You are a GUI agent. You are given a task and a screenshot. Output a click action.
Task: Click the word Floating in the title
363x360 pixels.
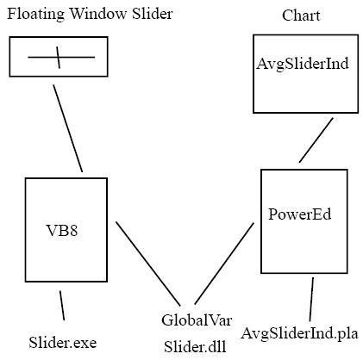coord(35,14)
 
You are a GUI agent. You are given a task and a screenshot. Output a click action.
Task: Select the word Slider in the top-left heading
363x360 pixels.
coord(153,13)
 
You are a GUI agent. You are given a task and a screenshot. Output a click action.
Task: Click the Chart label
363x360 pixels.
coord(301,16)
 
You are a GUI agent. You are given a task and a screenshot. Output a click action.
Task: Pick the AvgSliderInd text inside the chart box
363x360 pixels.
coord(303,64)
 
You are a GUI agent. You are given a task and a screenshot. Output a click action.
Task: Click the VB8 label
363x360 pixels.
coord(62,230)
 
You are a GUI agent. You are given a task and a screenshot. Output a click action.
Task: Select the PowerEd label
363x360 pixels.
coord(300,214)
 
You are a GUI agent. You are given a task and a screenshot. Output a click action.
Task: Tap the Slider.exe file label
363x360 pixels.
coord(63,343)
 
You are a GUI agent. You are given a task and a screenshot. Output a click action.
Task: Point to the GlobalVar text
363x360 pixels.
coord(197,320)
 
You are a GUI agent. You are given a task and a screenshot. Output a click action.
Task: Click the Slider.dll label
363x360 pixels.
coord(195,347)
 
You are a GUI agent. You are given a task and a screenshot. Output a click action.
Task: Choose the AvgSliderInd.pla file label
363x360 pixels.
coord(300,333)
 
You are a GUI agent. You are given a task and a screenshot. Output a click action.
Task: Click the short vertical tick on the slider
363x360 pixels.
coord(59,58)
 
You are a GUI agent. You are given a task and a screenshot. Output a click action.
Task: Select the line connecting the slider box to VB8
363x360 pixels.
coord(68,128)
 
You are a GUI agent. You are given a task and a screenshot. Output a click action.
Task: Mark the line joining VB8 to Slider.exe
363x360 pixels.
coord(62,305)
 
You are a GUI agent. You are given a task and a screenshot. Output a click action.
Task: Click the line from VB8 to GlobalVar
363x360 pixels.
coord(148,264)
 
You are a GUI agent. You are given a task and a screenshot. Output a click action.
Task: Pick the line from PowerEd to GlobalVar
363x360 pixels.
coord(224,264)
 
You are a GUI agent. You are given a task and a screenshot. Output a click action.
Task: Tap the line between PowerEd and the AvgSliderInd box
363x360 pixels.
coord(316,140)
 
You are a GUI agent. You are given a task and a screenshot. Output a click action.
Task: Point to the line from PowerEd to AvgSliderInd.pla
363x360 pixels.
coord(311,299)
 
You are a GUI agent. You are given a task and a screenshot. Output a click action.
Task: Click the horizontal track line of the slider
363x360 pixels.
coord(61,57)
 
